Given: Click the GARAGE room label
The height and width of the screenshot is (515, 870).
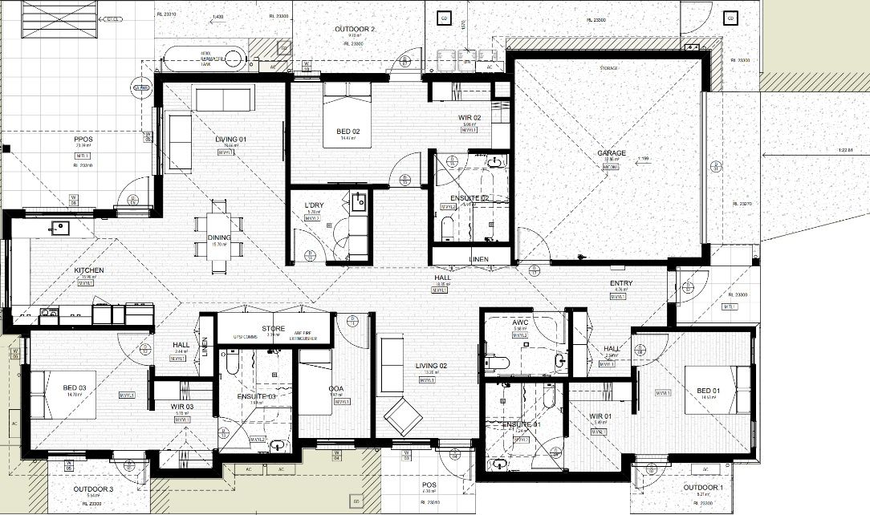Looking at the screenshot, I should tap(611, 152).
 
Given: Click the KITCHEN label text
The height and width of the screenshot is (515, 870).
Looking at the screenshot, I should tap(90, 270).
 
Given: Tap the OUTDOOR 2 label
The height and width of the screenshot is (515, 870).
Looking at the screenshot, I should tap(355, 30).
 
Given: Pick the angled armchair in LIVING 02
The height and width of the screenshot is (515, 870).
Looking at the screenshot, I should tap(403, 418).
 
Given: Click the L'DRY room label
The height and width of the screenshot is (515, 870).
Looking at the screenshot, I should tap(313, 206).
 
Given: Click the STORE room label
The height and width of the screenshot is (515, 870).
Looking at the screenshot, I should tap(274, 328).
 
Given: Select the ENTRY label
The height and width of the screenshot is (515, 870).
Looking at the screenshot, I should tap(621, 283).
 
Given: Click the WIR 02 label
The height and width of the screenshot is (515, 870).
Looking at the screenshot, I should tap(470, 117).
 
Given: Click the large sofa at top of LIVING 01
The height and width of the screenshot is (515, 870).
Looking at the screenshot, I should tap(225, 99).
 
